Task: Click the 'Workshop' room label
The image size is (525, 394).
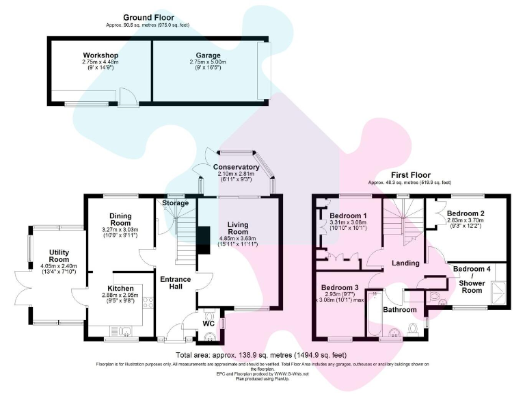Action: (x=100, y=55)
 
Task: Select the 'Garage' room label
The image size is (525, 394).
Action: (x=208, y=55)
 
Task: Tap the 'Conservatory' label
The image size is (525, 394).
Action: (x=236, y=167)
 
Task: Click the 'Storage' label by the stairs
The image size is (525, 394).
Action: (x=176, y=203)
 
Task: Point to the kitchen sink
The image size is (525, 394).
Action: (x=126, y=332)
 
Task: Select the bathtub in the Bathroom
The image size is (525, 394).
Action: (x=373, y=315)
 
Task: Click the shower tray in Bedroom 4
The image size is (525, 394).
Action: (x=497, y=293)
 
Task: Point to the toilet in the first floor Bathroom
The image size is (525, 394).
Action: (x=412, y=329)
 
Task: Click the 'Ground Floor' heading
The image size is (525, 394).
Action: (x=148, y=18)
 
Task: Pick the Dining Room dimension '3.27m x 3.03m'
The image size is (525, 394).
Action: (x=120, y=230)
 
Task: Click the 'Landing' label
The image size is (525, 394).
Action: (x=405, y=263)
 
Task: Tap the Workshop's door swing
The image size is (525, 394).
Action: (x=127, y=98)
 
